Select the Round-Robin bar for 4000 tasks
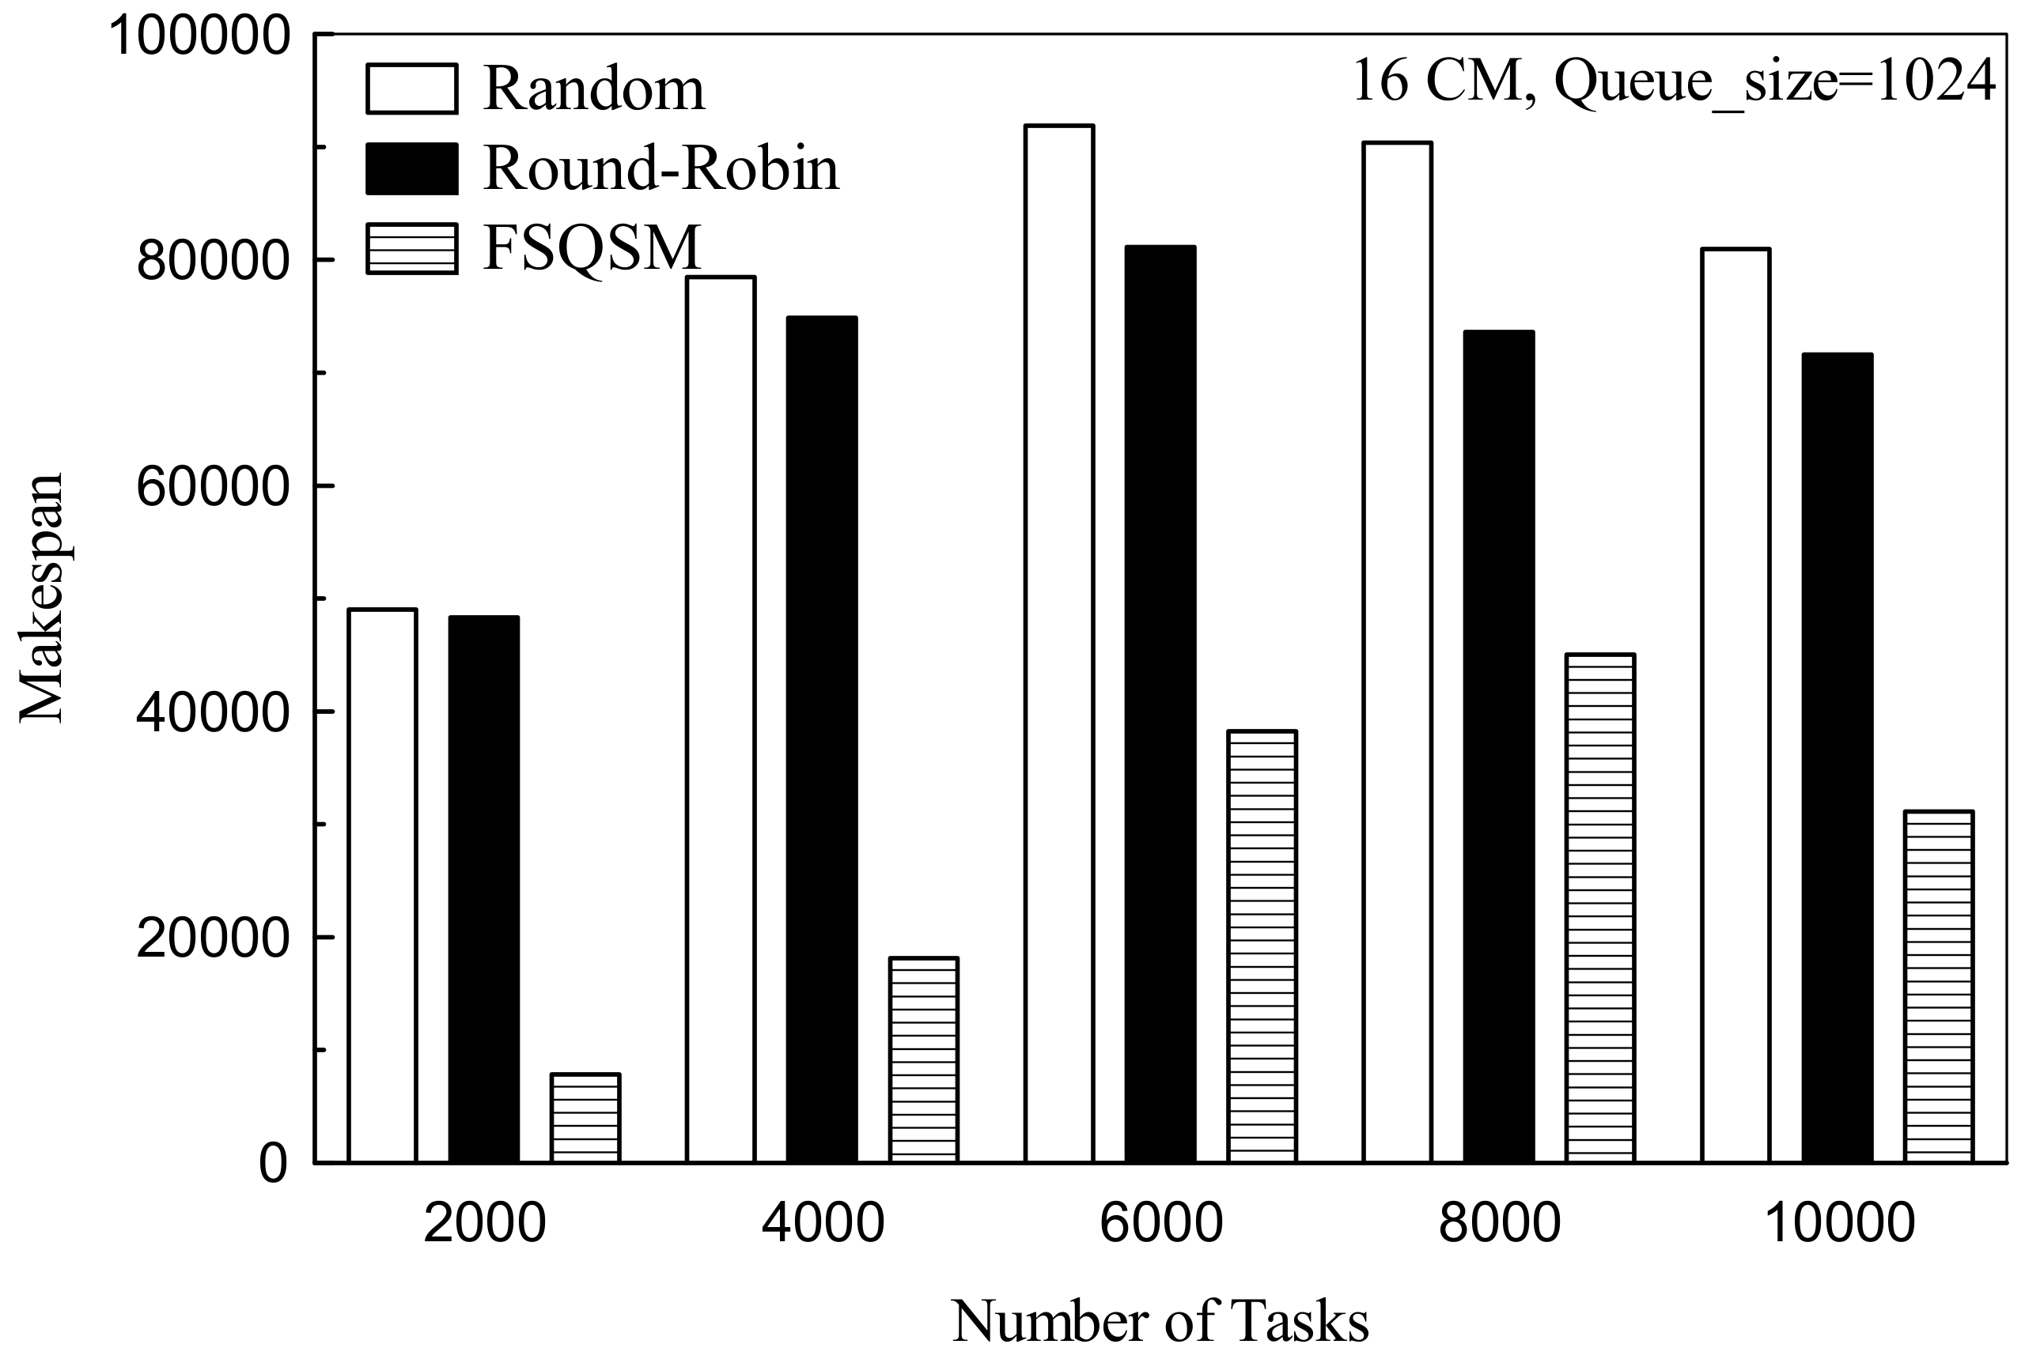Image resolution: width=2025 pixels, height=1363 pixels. pyautogui.click(x=822, y=739)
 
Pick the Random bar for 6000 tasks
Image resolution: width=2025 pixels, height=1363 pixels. pyautogui.click(x=1059, y=644)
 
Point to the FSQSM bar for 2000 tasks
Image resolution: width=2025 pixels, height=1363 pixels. pyautogui.click(x=585, y=1118)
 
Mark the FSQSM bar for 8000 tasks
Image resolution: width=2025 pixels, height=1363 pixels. pyautogui.click(x=1599, y=908)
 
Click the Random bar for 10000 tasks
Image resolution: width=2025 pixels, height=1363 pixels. pyautogui.click(x=1735, y=705)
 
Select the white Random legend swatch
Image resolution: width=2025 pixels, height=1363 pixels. pyautogui.click(x=411, y=89)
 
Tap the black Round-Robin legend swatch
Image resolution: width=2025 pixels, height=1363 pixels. pyautogui.click(x=411, y=168)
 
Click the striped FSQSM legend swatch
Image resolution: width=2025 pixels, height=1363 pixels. pyautogui.click(x=411, y=248)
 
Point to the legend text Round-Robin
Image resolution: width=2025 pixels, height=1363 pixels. pyautogui.click(x=660, y=168)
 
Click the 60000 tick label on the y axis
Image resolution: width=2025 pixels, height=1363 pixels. pyautogui.click(x=211, y=488)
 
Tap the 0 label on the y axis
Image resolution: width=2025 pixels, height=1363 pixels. pyautogui.click(x=272, y=1164)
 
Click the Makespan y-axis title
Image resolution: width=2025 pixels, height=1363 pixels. pyautogui.click(x=42, y=598)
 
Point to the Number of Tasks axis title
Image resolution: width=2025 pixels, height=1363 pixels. pyautogui.click(x=1160, y=1321)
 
